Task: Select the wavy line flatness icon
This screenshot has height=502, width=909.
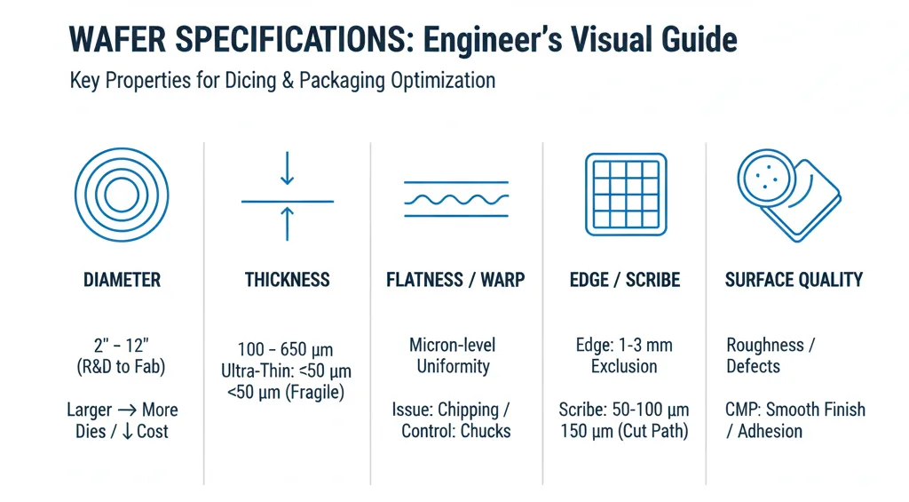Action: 456,200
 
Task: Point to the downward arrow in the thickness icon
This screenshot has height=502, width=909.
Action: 287,170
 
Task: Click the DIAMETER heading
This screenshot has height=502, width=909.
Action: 122,281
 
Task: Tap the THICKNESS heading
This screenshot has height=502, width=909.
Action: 287,281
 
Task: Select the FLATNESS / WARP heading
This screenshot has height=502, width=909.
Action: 455,281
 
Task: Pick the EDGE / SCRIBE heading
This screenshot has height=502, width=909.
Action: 625,281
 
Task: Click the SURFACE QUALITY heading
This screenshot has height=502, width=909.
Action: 794,281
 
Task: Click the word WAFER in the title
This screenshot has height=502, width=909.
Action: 115,40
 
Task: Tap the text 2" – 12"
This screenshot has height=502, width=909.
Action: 122,345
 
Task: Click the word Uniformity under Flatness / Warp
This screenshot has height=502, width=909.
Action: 453,366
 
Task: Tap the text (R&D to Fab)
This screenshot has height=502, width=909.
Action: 122,366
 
